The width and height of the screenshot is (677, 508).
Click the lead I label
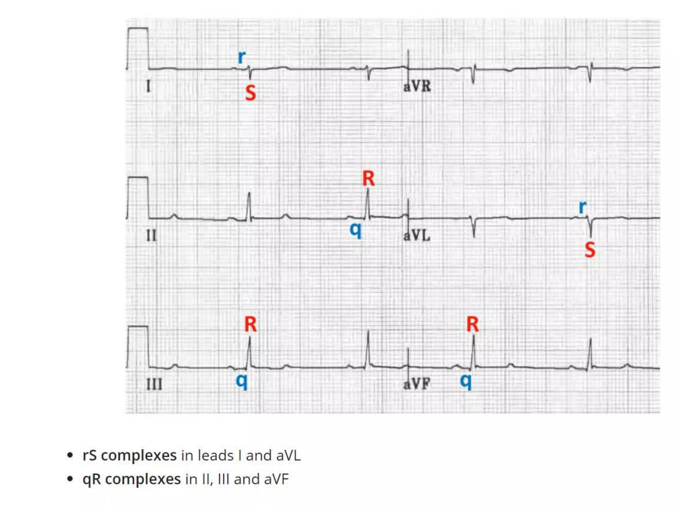tap(148, 87)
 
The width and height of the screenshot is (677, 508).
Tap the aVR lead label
tap(417, 86)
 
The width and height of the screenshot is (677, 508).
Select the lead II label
tap(151, 236)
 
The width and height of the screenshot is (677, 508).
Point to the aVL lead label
tap(417, 235)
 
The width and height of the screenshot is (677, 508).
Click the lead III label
tap(154, 384)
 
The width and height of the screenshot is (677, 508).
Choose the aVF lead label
tap(417, 384)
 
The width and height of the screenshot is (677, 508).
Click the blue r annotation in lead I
tap(242, 57)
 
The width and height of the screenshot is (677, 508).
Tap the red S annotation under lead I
tap(251, 93)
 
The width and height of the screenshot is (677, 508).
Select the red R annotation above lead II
tap(368, 179)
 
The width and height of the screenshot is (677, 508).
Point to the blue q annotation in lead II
tap(356, 229)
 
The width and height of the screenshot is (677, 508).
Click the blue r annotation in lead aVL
tap(582, 207)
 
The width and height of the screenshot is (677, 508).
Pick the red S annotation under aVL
tap(590, 250)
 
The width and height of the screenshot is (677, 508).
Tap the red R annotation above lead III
tap(250, 324)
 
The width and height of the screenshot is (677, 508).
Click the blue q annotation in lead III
tap(242, 381)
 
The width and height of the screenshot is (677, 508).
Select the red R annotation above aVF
tap(472, 324)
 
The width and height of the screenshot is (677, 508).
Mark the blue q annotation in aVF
tap(466, 381)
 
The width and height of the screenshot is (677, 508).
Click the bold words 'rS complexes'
tap(129, 455)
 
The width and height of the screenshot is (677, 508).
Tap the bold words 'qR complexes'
tap(132, 479)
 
